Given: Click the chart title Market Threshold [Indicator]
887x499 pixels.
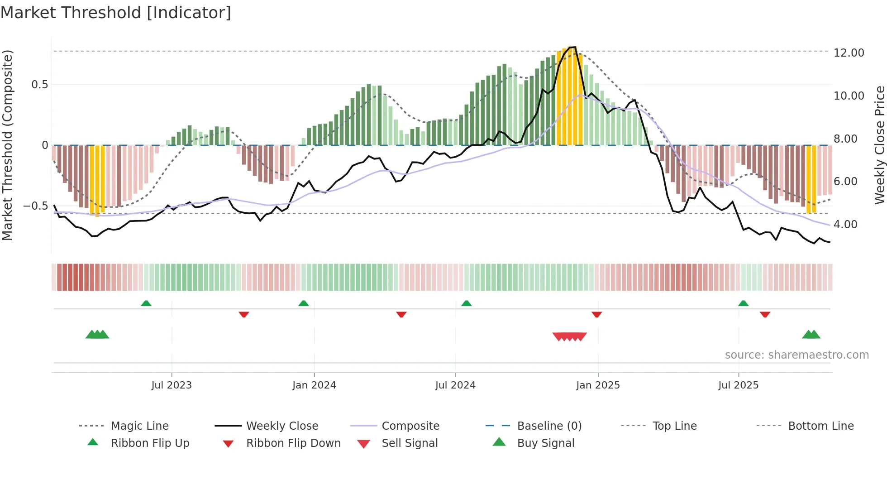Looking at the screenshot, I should click(x=116, y=13).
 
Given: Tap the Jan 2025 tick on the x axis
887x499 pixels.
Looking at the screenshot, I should click(x=598, y=385).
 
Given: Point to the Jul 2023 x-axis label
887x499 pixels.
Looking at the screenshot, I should click(x=172, y=385).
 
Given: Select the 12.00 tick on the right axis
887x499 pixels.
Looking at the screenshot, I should click(x=849, y=53).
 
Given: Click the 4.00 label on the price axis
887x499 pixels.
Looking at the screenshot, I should click(x=845, y=225).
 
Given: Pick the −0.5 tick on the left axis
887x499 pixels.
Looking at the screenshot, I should click(x=36, y=206).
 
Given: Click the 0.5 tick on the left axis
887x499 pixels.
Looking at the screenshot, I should click(x=39, y=85).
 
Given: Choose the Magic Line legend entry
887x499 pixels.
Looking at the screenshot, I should click(x=139, y=426).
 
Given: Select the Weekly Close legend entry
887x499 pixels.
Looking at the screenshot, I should click(x=282, y=426).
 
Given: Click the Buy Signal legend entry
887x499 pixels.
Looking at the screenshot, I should click(x=545, y=443).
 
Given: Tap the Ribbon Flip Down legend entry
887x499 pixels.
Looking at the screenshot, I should click(x=293, y=443).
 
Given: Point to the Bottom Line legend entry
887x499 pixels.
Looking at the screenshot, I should click(x=820, y=426).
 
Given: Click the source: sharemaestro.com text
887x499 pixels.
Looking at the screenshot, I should click(x=796, y=355).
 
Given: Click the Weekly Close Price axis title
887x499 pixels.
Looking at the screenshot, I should click(x=879, y=145).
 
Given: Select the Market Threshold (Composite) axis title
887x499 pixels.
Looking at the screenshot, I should click(x=7, y=145).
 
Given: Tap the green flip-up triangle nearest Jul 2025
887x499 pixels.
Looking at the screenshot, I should click(x=743, y=303).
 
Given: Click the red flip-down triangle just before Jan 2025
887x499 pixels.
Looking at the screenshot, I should click(x=596, y=314).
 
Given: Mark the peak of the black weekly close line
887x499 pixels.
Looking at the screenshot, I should click(x=573, y=47).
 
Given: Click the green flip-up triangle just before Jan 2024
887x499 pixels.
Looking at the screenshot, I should click(x=304, y=303).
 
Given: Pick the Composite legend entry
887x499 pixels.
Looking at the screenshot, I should click(x=410, y=426).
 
